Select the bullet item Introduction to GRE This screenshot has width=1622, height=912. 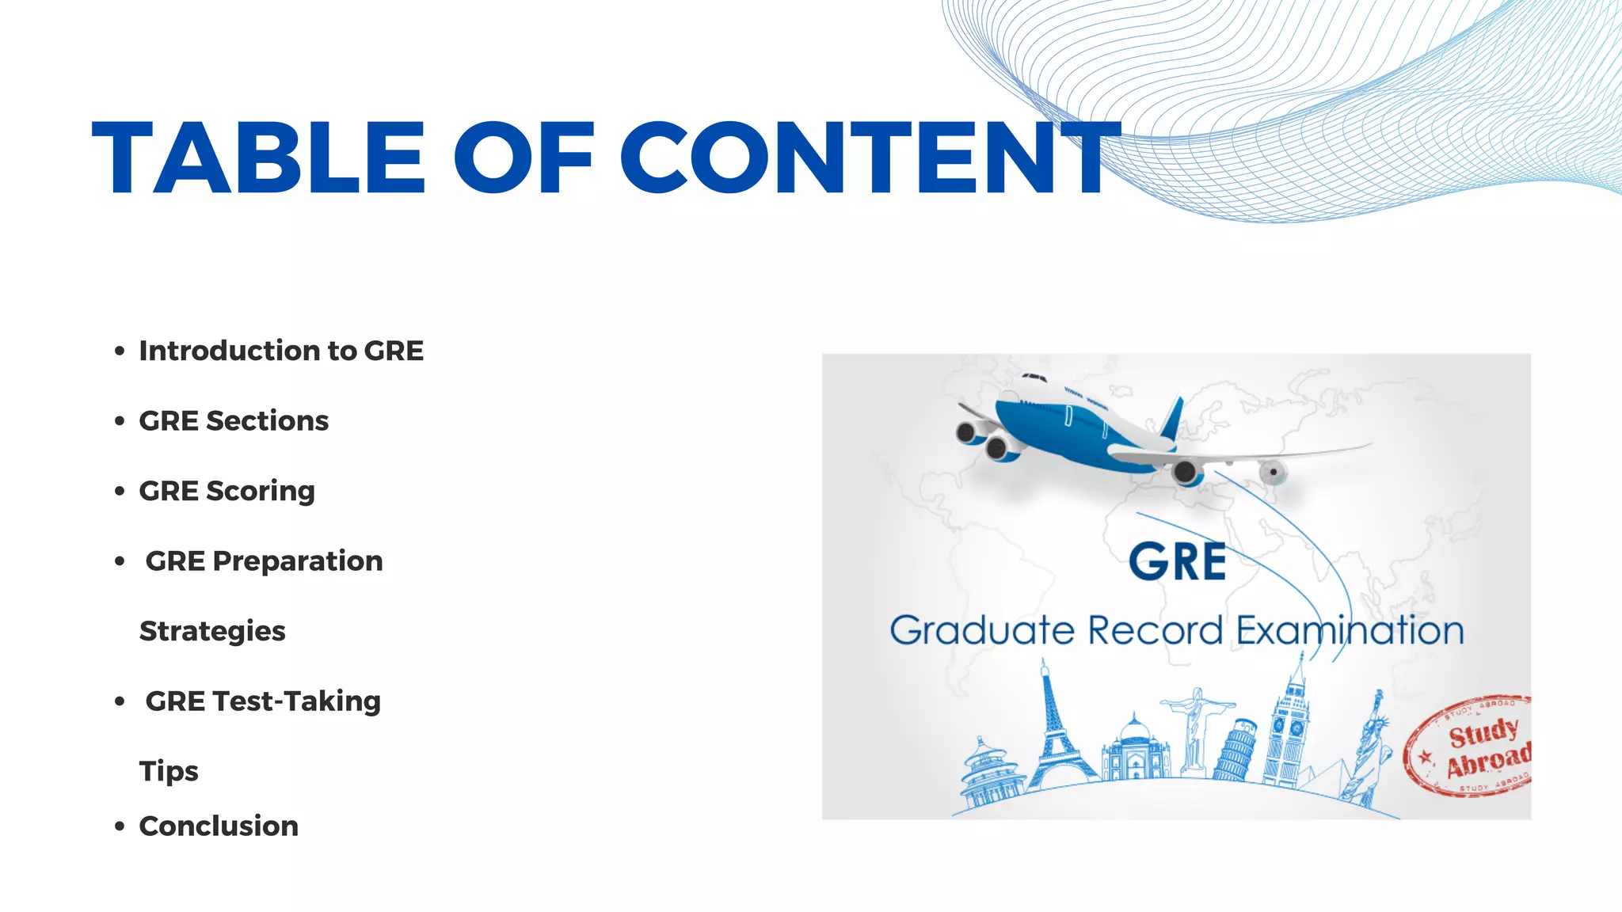[x=281, y=351]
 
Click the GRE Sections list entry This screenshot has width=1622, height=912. [x=234, y=421]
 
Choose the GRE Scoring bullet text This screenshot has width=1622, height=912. [x=227, y=491]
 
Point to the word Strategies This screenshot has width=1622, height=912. [x=212, y=631]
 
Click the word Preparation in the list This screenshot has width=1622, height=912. [x=298, y=561]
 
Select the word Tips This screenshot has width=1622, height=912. [x=169, y=771]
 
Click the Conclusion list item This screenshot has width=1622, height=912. [x=219, y=826]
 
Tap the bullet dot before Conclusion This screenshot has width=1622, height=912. [x=120, y=827]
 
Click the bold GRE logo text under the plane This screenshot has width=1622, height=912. [x=1178, y=563]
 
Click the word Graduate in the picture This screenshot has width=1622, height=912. [x=982, y=631]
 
